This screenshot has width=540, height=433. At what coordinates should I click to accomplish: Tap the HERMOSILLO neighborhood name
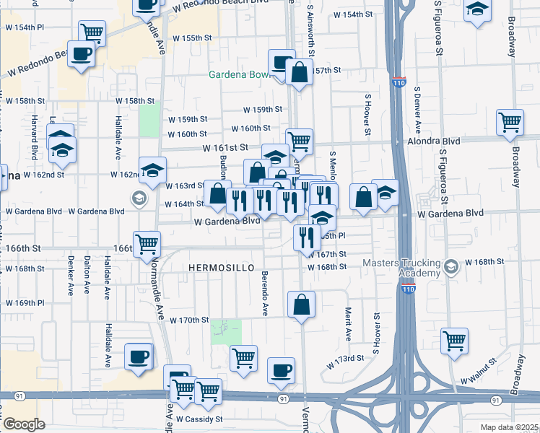click(222, 268)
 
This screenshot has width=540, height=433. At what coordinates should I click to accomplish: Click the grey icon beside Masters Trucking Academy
click(452, 267)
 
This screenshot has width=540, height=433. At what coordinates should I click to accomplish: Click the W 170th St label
click(189, 320)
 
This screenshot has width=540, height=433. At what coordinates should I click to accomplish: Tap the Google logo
click(24, 424)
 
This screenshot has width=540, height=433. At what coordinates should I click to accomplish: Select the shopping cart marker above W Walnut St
click(454, 340)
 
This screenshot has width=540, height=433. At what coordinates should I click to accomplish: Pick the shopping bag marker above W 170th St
click(301, 305)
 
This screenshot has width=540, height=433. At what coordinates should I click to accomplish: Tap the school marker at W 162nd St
click(153, 170)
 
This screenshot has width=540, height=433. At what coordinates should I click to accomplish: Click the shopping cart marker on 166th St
click(147, 243)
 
